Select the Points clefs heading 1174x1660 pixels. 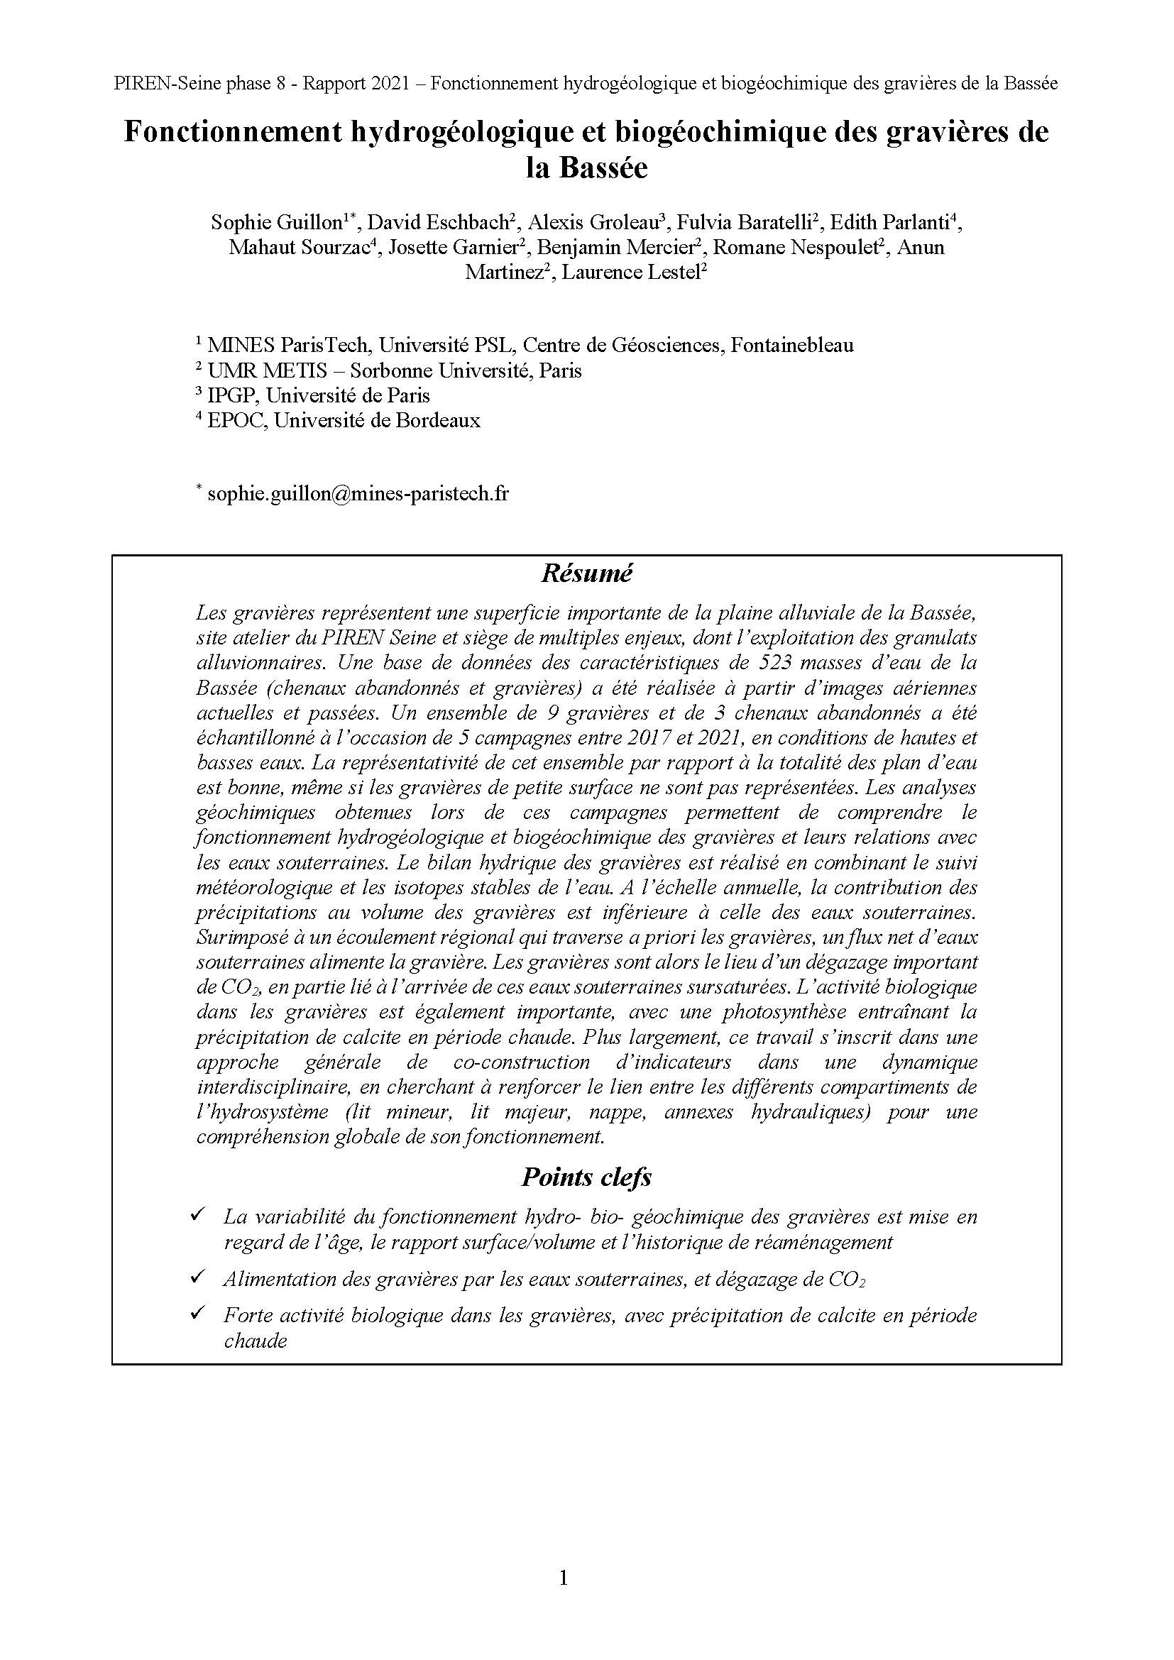tap(586, 1178)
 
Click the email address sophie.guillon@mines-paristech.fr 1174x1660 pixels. tap(358, 494)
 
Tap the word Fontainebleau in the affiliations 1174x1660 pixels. tap(791, 345)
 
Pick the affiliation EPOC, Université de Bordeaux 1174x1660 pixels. tap(344, 420)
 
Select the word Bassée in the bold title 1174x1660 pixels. tap(602, 168)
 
